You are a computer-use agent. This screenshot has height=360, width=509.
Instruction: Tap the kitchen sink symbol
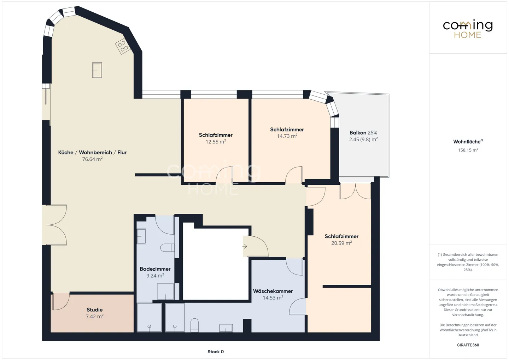tap(97, 70)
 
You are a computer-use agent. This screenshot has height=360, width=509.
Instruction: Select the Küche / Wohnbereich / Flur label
tap(92, 152)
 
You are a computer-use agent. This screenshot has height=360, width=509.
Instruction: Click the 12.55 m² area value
tap(216, 142)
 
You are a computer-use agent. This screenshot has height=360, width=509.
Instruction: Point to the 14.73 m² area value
tap(287, 136)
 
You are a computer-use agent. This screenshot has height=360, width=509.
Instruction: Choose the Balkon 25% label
tap(363, 133)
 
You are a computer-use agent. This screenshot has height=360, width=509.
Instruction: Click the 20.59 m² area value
tap(341, 243)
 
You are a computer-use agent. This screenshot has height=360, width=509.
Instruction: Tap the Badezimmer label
tap(155, 269)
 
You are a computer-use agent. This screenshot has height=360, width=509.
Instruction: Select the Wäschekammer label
tap(273, 291)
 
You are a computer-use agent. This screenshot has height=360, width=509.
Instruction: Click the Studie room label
tap(94, 310)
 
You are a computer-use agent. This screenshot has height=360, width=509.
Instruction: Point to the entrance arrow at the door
tap(245, 246)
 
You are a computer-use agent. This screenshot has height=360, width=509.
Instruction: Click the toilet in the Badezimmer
tap(167, 247)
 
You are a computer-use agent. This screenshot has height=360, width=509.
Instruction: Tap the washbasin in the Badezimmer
tap(141, 236)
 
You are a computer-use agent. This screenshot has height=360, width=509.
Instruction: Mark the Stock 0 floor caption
tap(215, 352)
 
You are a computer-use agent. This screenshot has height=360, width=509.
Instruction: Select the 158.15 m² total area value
tap(468, 150)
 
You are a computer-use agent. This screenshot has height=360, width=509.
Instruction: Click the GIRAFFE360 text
tap(468, 345)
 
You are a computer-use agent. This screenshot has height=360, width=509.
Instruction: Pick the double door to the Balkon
tap(355, 191)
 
